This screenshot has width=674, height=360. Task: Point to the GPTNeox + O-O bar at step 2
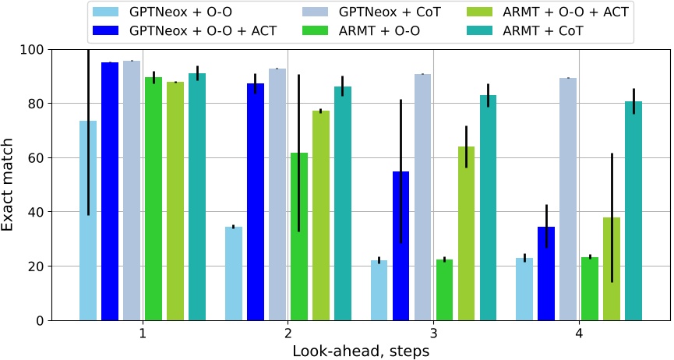[x=234, y=274]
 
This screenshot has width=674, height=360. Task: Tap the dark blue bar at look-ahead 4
[x=546, y=274]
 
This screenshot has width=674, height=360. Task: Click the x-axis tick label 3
[x=433, y=334]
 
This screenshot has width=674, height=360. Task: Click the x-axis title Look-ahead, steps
[x=361, y=351]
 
